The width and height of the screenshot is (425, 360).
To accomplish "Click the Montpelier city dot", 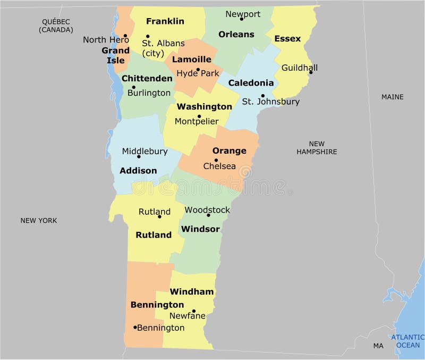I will point(199,116).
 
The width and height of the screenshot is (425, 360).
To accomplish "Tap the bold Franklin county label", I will point(165,21).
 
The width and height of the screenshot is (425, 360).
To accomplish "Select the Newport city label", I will point(243,14).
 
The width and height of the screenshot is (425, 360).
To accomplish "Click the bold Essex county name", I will point(287,39).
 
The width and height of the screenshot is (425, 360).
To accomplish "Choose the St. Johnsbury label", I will point(270,101).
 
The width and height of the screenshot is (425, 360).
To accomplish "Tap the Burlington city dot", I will point(133,87).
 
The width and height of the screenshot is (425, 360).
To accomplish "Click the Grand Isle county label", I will point(116,55).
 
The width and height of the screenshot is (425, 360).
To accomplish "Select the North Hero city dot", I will point(125,36).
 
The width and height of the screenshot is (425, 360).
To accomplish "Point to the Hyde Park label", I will point(198,73).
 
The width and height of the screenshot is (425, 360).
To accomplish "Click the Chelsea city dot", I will point(216,160).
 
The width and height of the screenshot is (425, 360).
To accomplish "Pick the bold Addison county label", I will point(138,171).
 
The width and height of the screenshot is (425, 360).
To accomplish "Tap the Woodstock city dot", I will point(208,215).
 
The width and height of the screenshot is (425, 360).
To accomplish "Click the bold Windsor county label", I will point(200,229).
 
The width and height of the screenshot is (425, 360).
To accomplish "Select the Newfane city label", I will point(188,315).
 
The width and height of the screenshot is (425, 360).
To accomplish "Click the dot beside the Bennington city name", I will point(135,327).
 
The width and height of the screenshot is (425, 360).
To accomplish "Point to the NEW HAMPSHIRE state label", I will point(317,148).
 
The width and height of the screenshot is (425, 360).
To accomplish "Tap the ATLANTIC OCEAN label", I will point(408,341).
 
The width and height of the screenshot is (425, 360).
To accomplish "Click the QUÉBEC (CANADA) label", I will point(56,26).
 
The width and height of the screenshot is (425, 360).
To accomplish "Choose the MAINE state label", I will point(392,97).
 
